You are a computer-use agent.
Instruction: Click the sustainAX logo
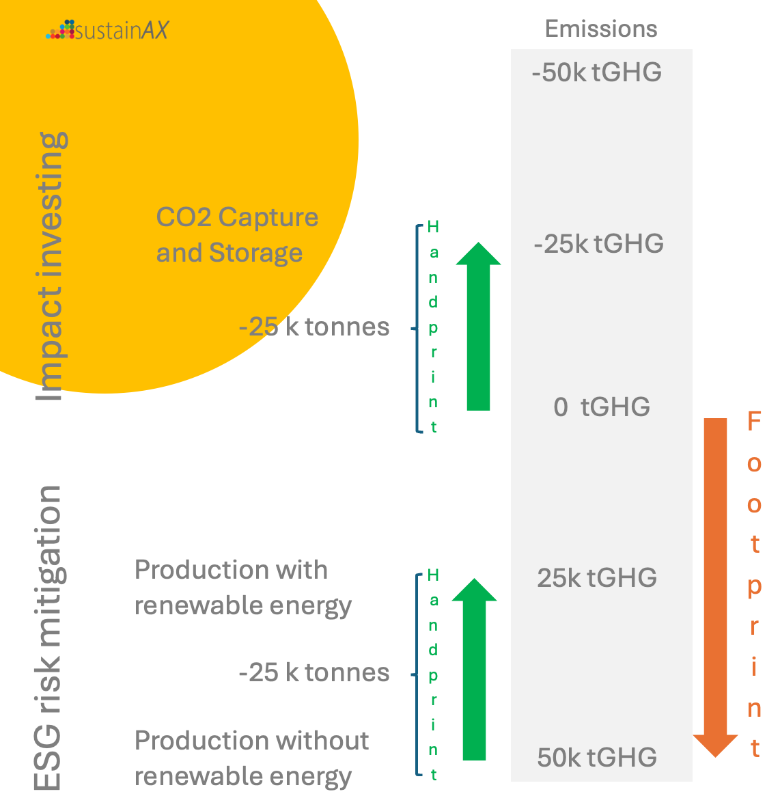point(107,30)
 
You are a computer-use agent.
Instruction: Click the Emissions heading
point(601,29)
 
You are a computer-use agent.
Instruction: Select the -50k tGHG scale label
point(597,72)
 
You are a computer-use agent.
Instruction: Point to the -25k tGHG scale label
point(599,244)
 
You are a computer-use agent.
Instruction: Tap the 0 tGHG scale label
point(601,407)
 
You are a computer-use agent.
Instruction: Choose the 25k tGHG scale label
point(597,578)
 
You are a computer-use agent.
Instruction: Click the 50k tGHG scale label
point(597,757)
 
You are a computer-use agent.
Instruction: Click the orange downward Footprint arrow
point(715,581)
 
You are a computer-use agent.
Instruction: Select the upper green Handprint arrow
point(478,328)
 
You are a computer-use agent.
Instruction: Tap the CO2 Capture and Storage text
point(237,235)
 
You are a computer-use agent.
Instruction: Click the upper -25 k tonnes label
point(314,327)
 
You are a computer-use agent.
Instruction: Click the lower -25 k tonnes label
point(314,672)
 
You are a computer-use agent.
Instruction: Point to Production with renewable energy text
point(242,588)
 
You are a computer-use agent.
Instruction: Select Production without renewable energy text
point(251,758)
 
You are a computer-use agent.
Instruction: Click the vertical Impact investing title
point(52,266)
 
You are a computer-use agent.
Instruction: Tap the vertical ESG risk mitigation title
point(48,639)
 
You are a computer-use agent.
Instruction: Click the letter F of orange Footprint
point(754,422)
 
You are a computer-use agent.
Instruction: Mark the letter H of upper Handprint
point(433,228)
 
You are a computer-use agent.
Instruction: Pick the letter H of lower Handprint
point(433,576)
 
